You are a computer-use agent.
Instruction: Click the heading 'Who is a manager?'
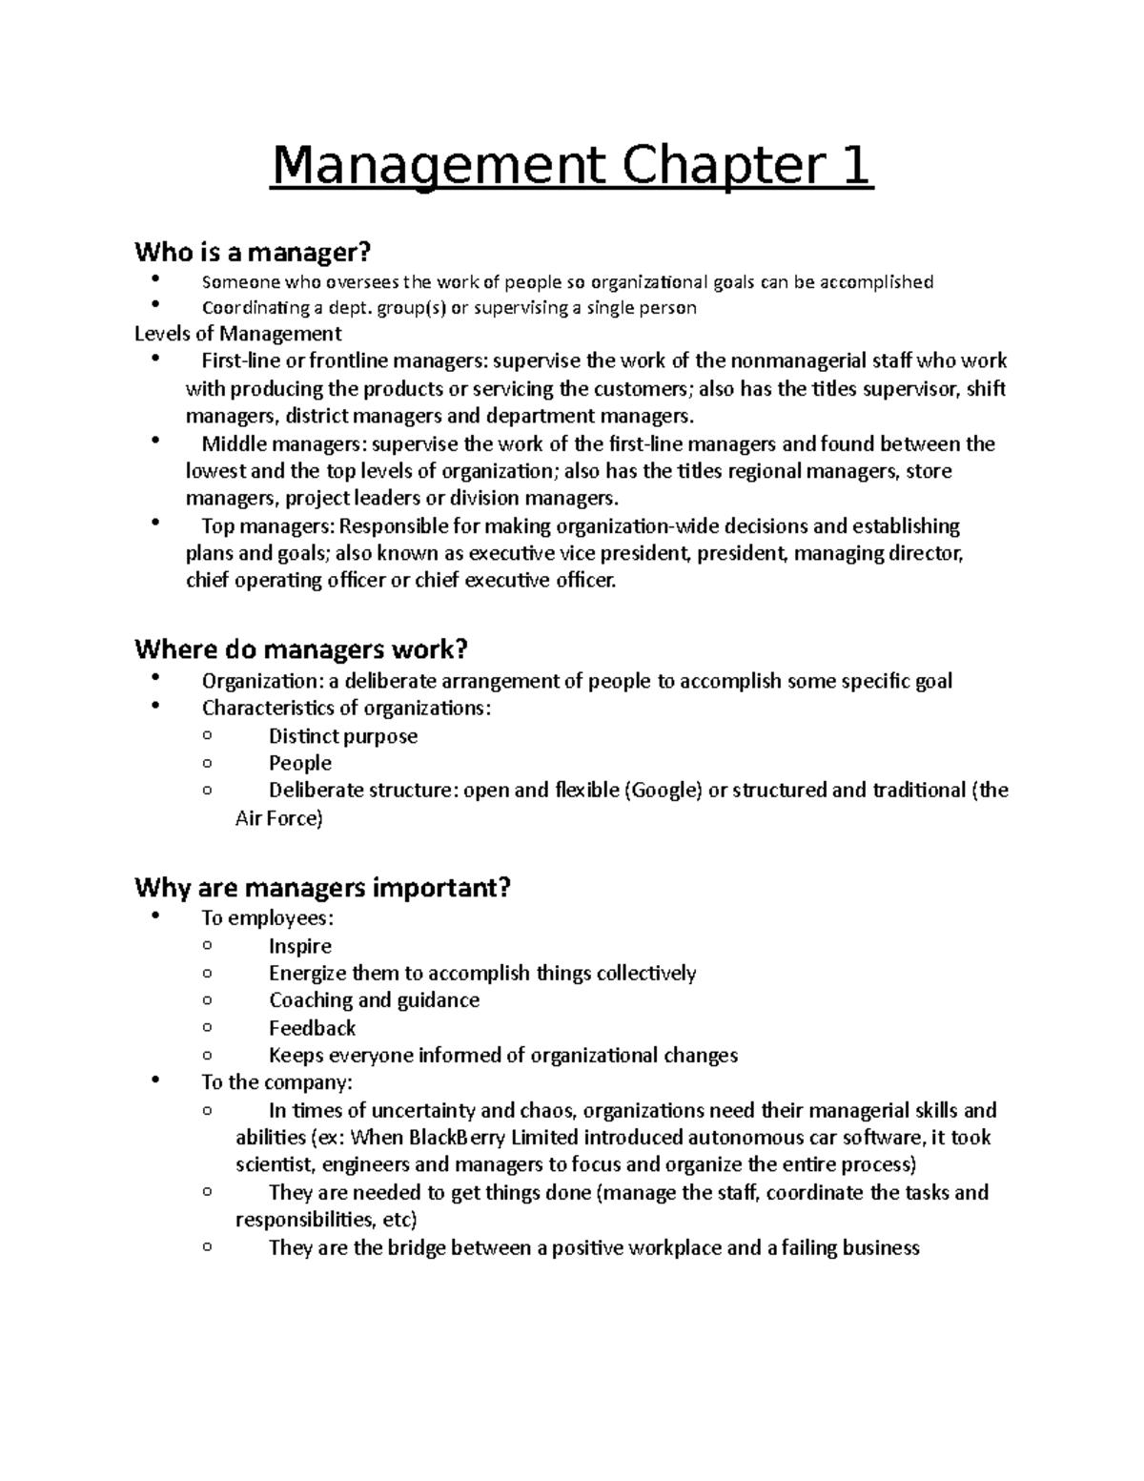[x=252, y=253]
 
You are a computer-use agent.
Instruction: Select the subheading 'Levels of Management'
[x=237, y=334]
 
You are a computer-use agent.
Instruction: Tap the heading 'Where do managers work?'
[x=301, y=650]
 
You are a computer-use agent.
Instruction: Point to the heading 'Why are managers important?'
[x=323, y=888]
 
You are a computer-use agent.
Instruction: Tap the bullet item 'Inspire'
[x=300, y=946]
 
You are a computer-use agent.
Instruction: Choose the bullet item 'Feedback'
[x=312, y=1028]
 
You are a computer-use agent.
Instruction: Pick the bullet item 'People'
[x=300, y=763]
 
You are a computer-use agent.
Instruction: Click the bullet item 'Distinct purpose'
[x=343, y=736]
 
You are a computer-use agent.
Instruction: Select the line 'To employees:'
[x=268, y=918]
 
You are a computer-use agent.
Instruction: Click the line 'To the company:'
[x=276, y=1082]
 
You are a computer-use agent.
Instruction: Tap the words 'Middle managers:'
[x=284, y=444]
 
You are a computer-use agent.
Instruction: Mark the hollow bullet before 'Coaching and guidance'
[x=207, y=1000]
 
